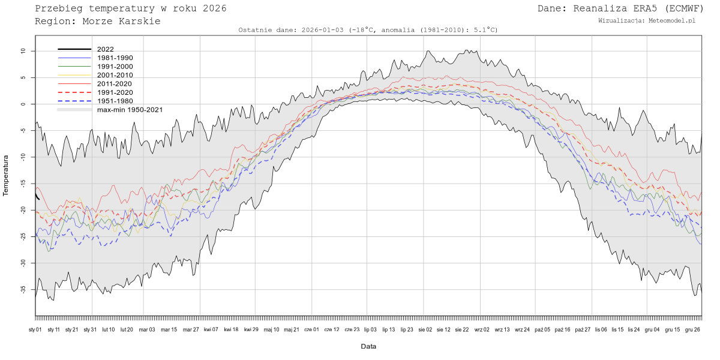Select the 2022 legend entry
tap(105, 49)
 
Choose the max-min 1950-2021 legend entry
tap(130, 110)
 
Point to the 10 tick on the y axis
tap(23, 52)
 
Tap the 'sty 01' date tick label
tap(35, 329)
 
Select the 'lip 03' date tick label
tap(370, 329)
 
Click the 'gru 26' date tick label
tap(692, 329)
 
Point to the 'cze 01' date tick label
tap(312, 329)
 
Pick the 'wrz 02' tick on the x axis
tap(482, 329)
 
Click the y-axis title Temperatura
tap(6, 175)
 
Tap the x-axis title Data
tap(368, 346)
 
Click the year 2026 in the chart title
tap(214, 8)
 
